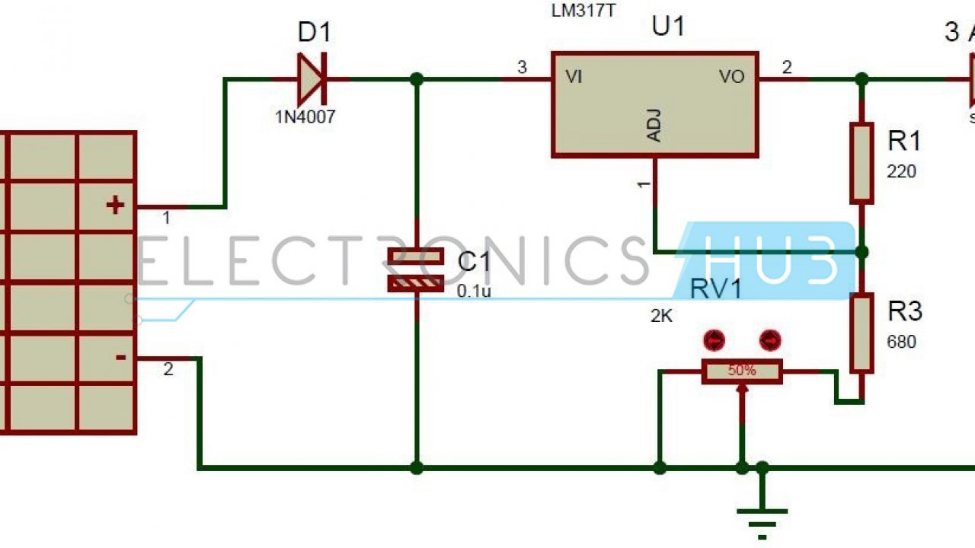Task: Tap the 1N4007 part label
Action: coord(305,117)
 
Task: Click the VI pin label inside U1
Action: coord(574,77)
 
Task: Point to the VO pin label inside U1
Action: coord(732,77)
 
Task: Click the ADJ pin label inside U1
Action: coord(654,126)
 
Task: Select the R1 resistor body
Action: coord(862,164)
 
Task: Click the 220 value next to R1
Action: coord(901,171)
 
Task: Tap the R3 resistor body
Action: coord(862,334)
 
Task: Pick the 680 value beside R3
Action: coord(901,342)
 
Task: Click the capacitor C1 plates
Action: coord(416,269)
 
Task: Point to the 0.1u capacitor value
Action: coord(474,291)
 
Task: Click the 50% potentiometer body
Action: coord(741,371)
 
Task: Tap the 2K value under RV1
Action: coord(661,316)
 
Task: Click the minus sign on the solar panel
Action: coord(120,356)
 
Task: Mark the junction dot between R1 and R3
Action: coord(862,251)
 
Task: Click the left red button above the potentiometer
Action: coord(714,340)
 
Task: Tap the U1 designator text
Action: coord(668,27)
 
